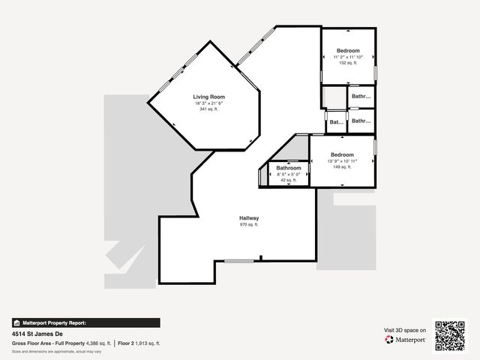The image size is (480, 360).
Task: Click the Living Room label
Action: pos(208,97)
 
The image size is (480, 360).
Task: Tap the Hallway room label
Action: pos(249,217)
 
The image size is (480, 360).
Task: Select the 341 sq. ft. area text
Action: pos(208,109)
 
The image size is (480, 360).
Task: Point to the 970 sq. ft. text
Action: pos(249,224)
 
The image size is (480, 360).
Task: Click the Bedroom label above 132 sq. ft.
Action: pos(348,50)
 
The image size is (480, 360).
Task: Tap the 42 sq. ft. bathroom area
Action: pos(288,180)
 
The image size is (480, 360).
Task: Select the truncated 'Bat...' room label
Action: pos(337,121)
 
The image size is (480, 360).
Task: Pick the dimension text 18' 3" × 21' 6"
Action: pos(208,103)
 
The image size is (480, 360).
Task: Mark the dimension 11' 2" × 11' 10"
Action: pos(348,57)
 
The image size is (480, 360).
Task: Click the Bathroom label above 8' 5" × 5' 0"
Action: pos(288,167)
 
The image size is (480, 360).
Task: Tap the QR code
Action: pos(451,334)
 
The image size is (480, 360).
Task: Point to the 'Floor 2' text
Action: pos(127,343)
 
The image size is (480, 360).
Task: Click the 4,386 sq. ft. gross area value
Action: pos(99,343)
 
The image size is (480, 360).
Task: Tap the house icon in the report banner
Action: pos(16,322)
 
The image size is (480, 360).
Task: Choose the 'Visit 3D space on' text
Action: pos(405,329)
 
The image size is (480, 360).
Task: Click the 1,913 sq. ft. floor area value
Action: pos(149,343)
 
